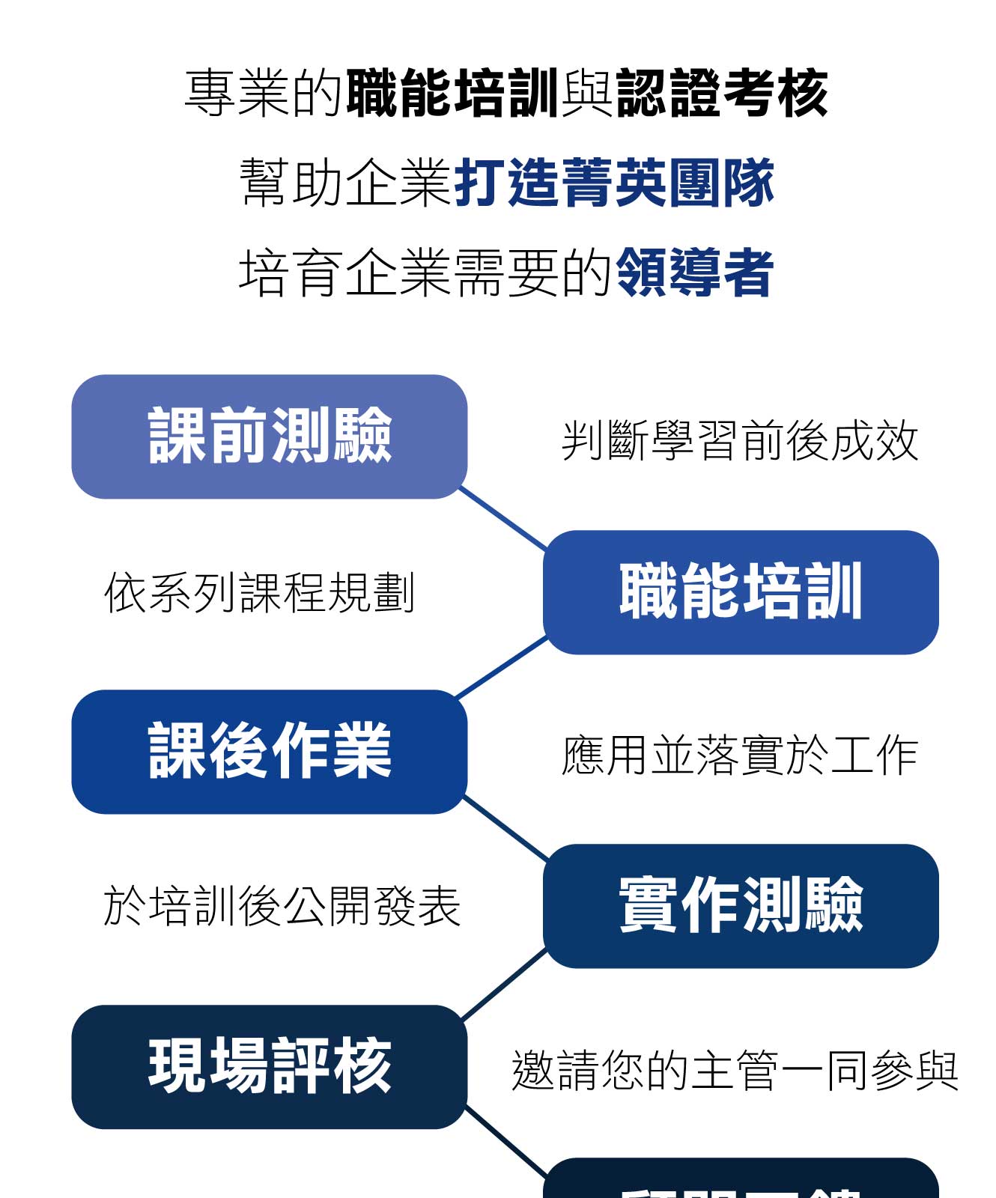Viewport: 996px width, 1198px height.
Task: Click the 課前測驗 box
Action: point(270,437)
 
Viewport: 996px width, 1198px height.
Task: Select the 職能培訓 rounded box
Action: point(741,592)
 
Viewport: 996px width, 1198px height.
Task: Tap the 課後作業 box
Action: point(270,752)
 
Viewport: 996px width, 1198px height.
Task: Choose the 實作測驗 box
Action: point(741,906)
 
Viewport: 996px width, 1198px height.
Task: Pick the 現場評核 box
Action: point(270,1067)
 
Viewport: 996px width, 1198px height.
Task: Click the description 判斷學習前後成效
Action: point(740,440)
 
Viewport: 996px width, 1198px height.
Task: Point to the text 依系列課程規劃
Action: point(259,593)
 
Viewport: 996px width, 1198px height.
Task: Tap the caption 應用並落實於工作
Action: point(740,755)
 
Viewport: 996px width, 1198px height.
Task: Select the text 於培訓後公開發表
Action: point(282,906)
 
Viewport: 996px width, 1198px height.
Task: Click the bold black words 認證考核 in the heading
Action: point(722,94)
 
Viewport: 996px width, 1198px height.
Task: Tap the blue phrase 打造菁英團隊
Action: point(614,183)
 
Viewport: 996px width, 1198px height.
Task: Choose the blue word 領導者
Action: point(694,273)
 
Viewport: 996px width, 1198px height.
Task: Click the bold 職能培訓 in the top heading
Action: point(452,94)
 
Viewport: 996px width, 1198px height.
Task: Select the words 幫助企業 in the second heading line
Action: point(346,183)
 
